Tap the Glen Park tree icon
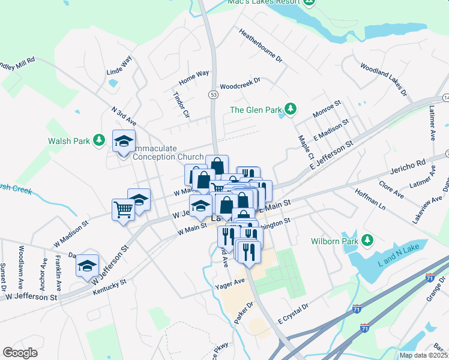[291, 109]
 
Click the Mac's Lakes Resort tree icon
[310, 2]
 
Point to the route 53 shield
[214, 94]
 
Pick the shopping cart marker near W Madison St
[123, 210]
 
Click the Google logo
[20, 353]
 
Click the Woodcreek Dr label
[240, 83]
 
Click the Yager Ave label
[230, 283]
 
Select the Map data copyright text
[423, 355]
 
